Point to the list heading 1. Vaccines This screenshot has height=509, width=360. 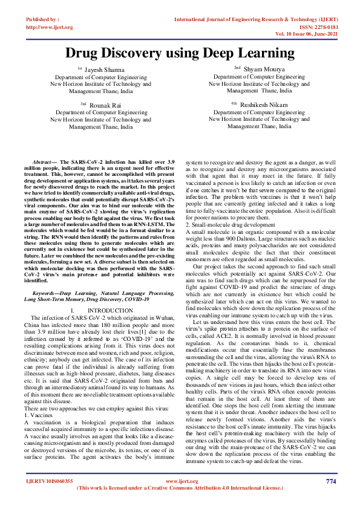39,400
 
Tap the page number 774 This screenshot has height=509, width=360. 330,481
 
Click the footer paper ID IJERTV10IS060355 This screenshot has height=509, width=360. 50,481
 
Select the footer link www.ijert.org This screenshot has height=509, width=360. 180,481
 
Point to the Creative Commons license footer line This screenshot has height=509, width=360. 180,487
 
